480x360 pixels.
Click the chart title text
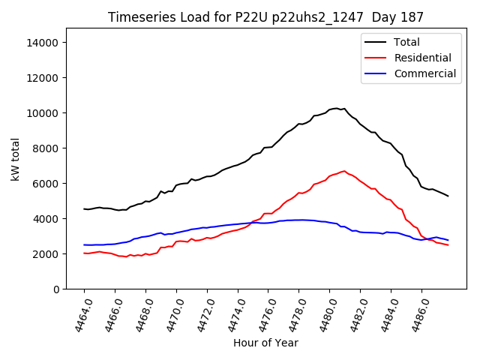265,17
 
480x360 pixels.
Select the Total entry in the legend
406,42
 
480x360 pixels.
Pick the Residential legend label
422,58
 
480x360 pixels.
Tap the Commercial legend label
424,73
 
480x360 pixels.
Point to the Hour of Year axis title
265,343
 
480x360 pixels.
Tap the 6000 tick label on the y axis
46,184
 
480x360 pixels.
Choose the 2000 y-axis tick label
46,254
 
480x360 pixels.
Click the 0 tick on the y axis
55,289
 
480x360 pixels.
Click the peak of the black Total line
337,109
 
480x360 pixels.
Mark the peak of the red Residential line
344,171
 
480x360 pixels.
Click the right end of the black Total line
448,196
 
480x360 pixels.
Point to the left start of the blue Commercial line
84,244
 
